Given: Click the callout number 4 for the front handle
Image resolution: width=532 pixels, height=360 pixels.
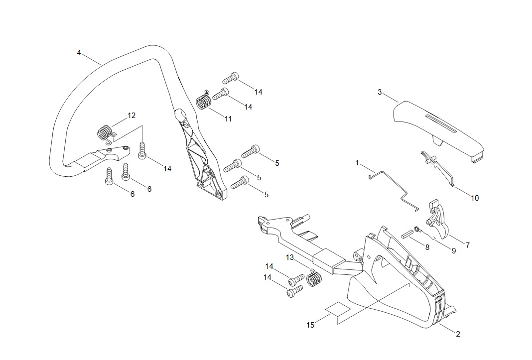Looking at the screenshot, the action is [79, 53].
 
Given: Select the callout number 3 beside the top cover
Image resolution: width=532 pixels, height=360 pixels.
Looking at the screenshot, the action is [380, 92].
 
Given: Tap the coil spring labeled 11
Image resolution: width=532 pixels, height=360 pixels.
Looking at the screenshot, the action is [204, 100].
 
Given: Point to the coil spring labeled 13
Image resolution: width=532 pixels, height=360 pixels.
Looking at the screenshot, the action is [314, 278].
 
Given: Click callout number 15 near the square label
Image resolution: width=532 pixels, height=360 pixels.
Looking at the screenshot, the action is [310, 325].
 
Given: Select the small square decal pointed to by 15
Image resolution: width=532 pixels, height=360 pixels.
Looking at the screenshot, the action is [338, 309].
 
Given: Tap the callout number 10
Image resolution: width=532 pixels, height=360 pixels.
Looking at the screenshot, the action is [475, 198].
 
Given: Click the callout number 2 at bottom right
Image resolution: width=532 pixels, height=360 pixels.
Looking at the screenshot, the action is [458, 334].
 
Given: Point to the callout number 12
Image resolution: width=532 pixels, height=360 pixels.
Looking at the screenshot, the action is [132, 116].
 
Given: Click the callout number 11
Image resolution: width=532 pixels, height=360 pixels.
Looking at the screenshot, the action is [228, 119].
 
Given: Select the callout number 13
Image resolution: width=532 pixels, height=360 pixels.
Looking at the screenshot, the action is [290, 257].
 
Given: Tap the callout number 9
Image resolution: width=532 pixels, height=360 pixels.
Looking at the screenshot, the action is [454, 251].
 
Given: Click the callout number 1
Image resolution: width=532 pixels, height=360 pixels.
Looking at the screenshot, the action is [357, 163].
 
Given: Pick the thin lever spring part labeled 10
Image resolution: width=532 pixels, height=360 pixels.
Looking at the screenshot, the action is [437, 168].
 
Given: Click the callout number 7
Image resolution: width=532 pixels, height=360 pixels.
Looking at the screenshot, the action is [468, 245].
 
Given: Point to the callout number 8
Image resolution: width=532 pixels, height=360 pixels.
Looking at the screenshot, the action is [427, 247].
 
